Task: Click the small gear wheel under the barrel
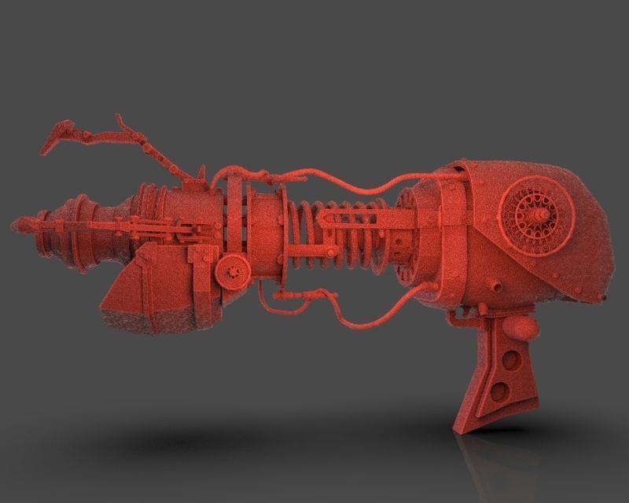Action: click(x=230, y=271)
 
